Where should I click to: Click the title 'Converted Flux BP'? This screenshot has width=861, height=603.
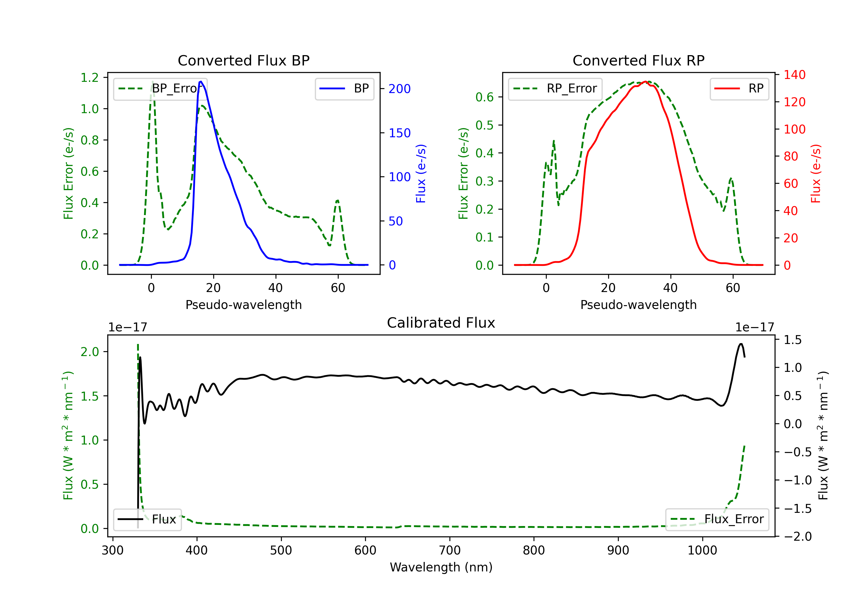243,60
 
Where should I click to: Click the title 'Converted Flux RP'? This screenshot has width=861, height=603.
638,60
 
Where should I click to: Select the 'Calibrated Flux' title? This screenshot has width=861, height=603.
441,323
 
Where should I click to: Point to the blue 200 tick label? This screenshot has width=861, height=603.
400,89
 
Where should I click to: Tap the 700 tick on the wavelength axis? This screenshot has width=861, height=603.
450,550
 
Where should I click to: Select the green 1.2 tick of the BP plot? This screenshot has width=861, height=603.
90,78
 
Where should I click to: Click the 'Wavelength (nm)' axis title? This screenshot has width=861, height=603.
441,567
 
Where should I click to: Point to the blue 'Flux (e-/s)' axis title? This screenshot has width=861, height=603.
421,173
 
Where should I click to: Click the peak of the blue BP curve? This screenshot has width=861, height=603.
201,82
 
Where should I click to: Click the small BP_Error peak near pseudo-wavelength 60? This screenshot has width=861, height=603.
338,200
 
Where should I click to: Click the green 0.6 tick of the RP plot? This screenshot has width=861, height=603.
484,97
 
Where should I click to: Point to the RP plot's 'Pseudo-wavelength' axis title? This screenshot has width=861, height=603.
638,305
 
